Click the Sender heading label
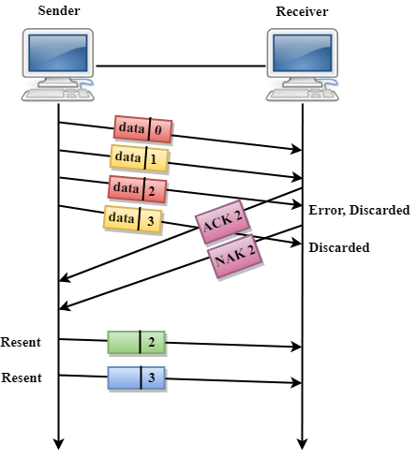coord(58,10)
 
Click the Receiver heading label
coord(302,10)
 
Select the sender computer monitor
coord(58,55)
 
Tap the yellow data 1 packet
coord(139,158)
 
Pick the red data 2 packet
coord(137,188)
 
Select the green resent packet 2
coord(136,342)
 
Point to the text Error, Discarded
coord(359,211)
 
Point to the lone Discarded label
coord(338,248)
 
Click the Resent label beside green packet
coord(21,342)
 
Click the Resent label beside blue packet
coord(21,378)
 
